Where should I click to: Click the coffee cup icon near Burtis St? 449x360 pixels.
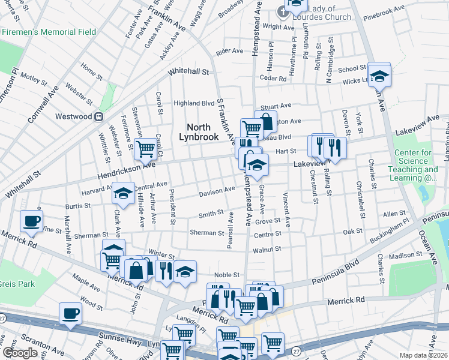tap(32, 220)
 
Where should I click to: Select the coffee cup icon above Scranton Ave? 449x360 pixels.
tap(71, 313)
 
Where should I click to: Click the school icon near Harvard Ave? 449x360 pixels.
tap(124, 193)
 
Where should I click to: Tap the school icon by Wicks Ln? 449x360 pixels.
tap(379, 75)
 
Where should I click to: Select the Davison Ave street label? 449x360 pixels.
tap(217, 191)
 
